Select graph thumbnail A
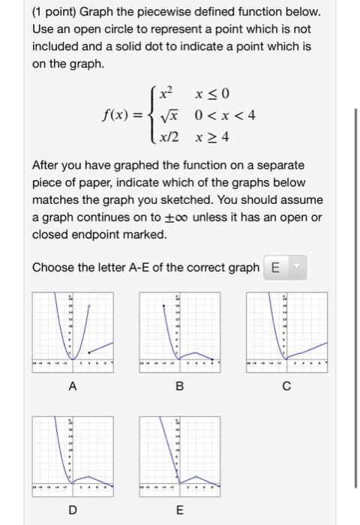click(x=73, y=329)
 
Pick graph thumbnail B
click(x=178, y=329)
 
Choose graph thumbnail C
click(x=286, y=329)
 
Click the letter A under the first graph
click(x=73, y=387)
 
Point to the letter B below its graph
click(x=178, y=387)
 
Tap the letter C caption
click(x=286, y=387)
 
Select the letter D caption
click(x=73, y=509)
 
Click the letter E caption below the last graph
click(x=178, y=509)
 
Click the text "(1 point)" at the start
click(x=55, y=13)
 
